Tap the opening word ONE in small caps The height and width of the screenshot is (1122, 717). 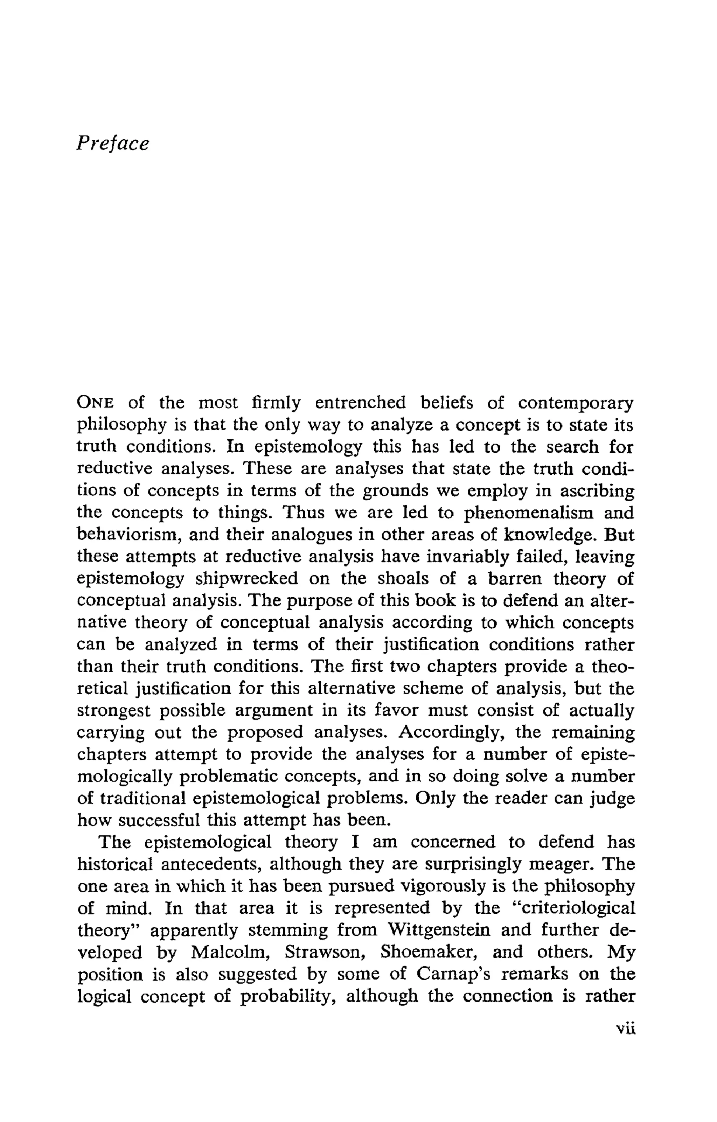tap(96, 403)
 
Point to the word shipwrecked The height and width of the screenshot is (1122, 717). tap(246, 579)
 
